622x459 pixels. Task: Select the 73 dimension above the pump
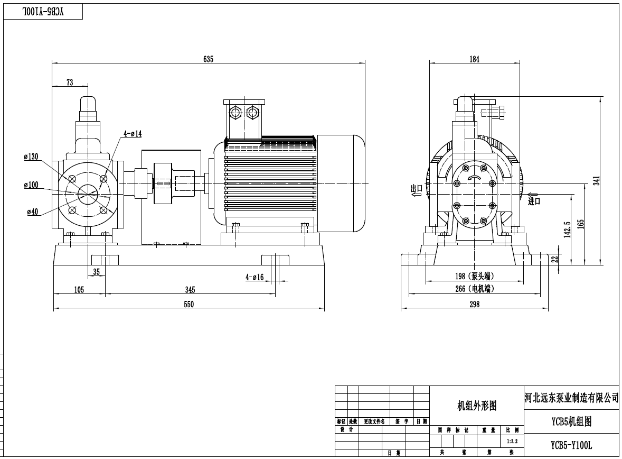69,82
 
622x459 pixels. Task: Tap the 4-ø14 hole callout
133,134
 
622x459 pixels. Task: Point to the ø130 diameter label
31,157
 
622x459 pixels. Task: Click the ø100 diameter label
31,185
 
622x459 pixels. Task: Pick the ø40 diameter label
33,212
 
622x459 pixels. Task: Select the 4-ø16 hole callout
254,277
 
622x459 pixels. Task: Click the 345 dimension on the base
190,289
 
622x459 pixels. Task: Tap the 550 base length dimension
189,304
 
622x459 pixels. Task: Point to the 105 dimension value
79,289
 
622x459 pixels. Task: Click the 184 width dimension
474,59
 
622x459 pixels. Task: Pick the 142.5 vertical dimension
568,229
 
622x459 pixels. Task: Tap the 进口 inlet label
534,200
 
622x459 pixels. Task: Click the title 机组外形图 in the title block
476,406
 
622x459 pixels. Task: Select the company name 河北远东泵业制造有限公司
571,397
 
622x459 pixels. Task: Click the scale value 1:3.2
512,440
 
